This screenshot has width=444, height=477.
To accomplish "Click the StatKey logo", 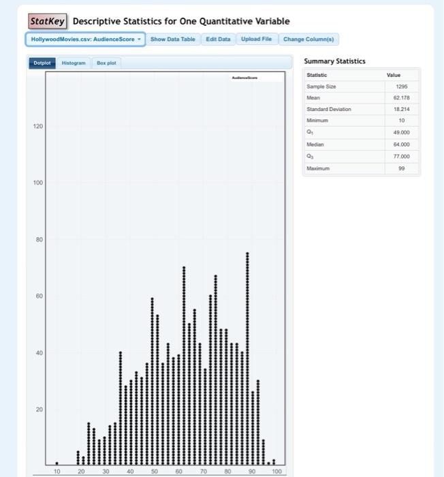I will coord(48,21).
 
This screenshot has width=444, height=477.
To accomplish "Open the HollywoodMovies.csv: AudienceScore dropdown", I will coord(86,39).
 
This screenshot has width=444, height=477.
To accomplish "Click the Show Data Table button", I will coord(172,39).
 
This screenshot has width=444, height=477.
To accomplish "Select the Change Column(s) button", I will coord(308,39).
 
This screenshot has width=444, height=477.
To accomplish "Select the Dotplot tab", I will coord(42,63).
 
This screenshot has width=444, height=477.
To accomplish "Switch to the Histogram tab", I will coord(74,63).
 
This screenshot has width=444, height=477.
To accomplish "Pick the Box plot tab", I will coord(106,63).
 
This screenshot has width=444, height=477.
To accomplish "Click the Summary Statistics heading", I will coord(334,61).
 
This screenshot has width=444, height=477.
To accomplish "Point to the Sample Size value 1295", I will coord(402,87).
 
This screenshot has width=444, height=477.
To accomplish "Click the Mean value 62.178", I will coord(402,98).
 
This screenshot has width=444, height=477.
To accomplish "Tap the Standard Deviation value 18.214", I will coord(402,109).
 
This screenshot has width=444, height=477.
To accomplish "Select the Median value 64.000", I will coord(401,144).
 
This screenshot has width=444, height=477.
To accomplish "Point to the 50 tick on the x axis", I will coord(155,471).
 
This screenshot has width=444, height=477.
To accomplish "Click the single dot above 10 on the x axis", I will coord(57,463).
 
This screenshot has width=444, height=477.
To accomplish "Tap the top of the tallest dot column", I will coord(247,253).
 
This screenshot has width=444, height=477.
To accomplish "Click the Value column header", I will coord(394,75).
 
